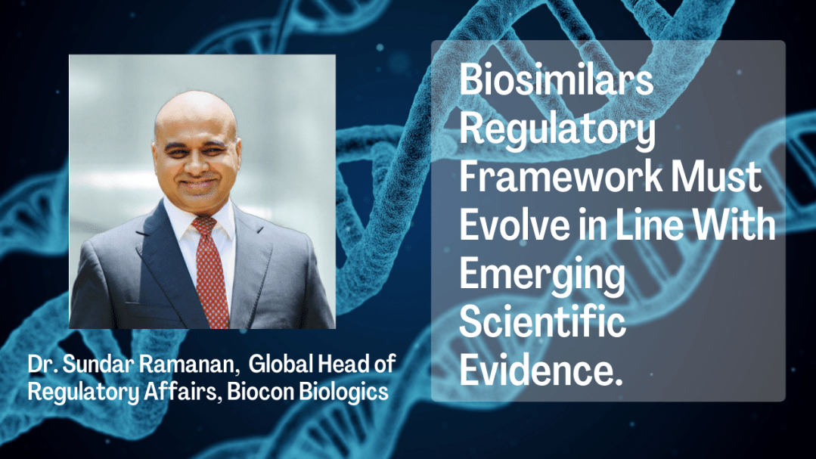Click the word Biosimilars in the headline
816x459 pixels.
[x=556, y=79]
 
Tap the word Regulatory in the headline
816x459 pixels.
[x=557, y=129]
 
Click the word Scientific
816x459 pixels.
[x=542, y=321]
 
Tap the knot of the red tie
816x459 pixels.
[x=204, y=226]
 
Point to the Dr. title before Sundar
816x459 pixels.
[x=42, y=364]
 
